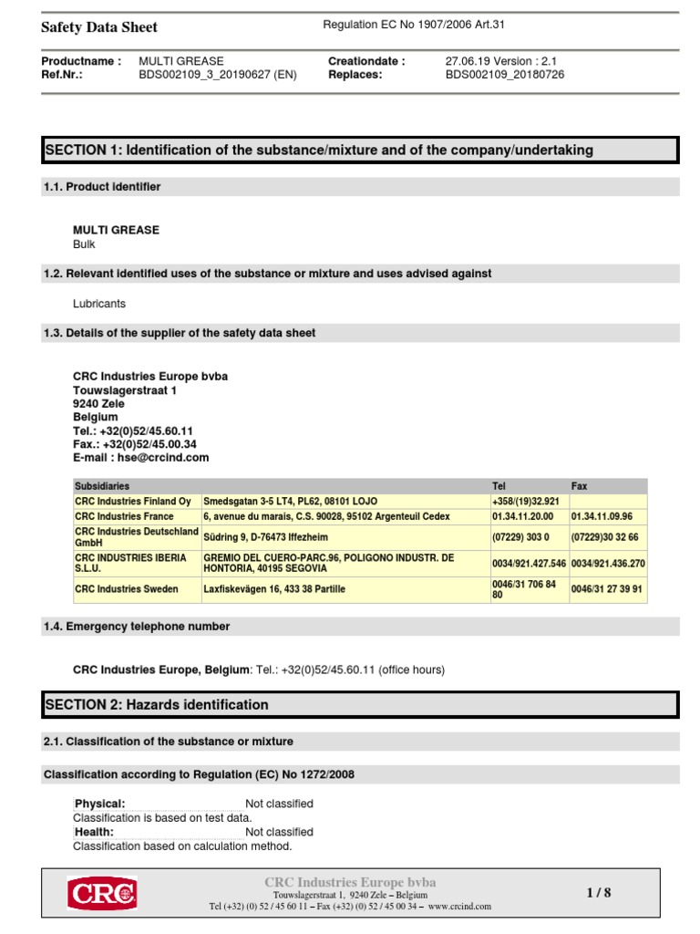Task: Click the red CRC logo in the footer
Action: click(101, 893)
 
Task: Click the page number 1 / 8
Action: click(598, 893)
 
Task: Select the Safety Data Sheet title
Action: click(99, 27)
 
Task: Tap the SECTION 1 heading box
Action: click(360, 150)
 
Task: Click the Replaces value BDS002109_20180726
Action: click(504, 75)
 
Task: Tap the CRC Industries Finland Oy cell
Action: click(133, 502)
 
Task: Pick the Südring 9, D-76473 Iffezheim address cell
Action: click(264, 536)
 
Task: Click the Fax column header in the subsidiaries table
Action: click(580, 486)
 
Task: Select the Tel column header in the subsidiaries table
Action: click(499, 486)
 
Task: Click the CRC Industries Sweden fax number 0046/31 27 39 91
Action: click(607, 589)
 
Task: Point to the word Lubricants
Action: click(99, 304)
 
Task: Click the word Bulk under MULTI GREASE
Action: click(84, 244)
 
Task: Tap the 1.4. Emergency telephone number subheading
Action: click(137, 627)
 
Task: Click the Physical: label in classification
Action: click(100, 804)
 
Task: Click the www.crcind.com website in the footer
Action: click(459, 907)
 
